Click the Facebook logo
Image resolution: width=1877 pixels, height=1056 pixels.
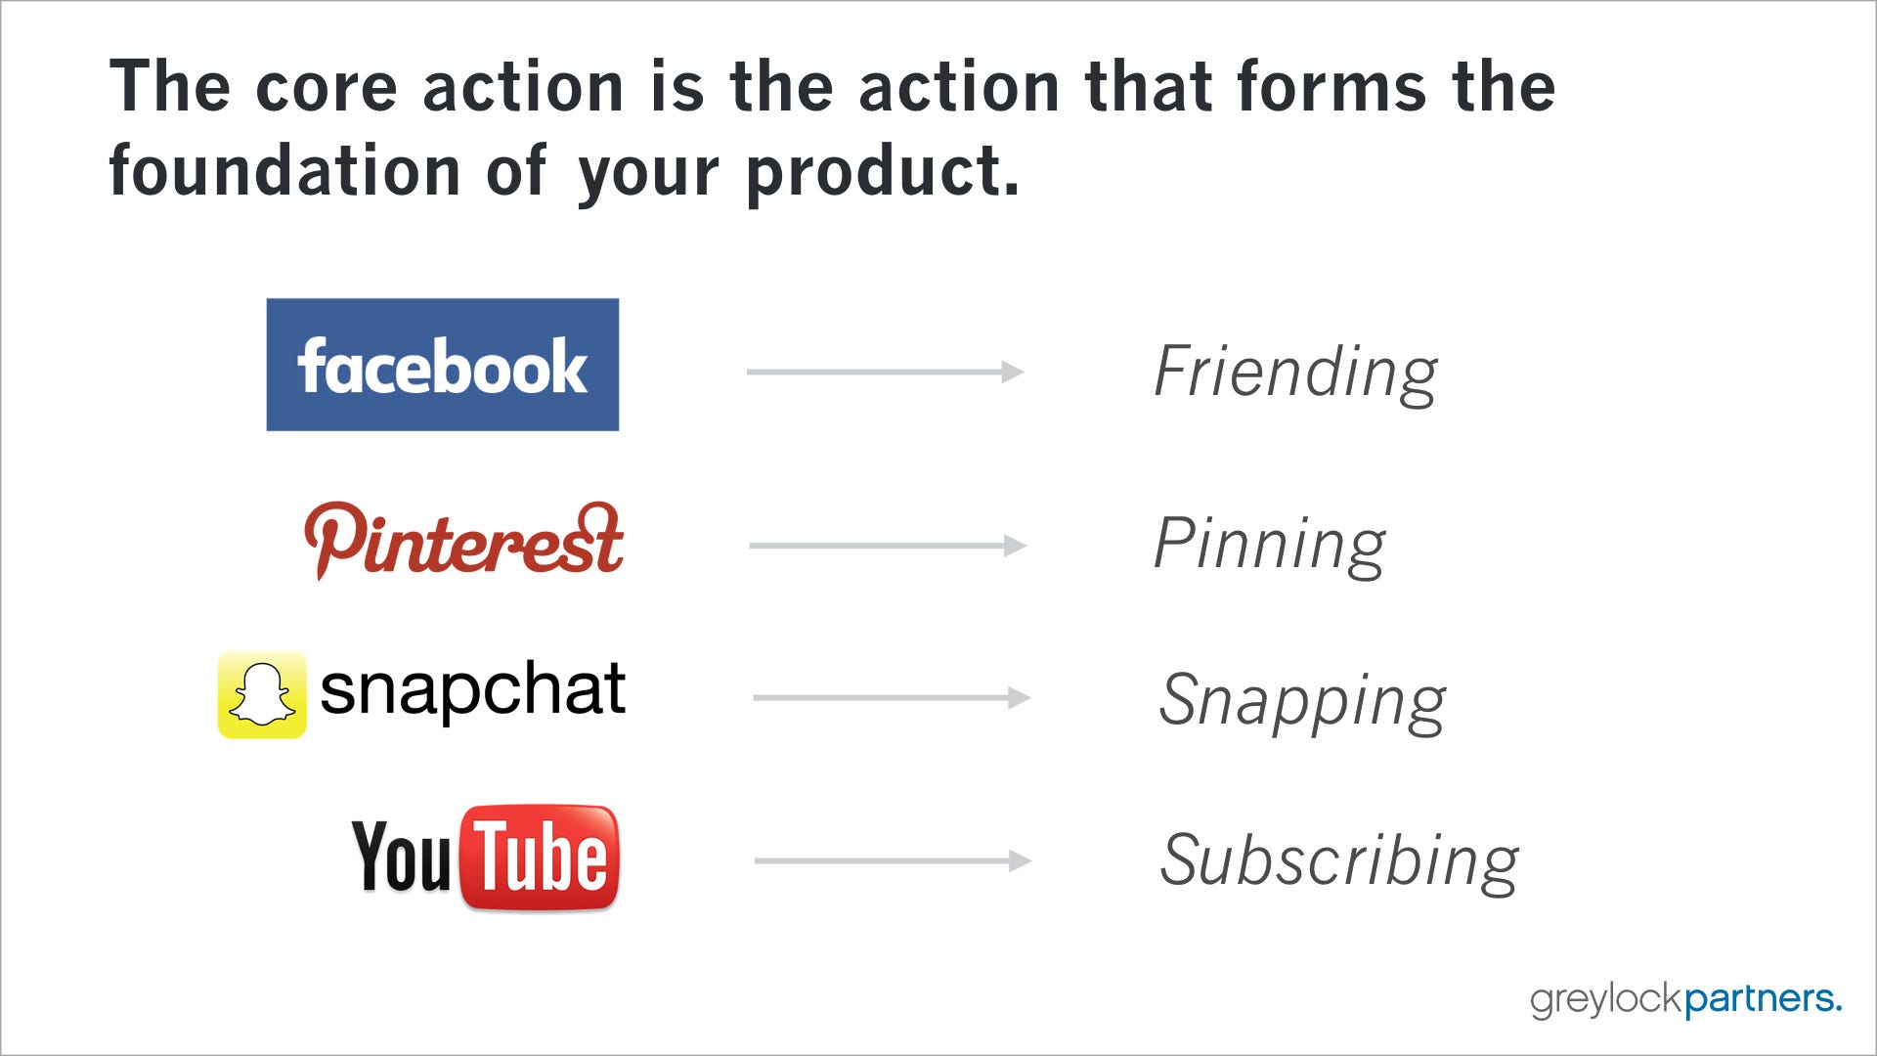(x=443, y=365)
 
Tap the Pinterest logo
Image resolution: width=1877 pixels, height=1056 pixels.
(x=463, y=541)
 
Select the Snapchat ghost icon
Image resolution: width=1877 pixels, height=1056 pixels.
(x=262, y=694)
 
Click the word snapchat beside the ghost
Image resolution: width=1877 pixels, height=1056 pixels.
(x=472, y=690)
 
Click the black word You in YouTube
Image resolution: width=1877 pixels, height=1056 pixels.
(x=402, y=857)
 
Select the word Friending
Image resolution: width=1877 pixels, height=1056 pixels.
(x=1295, y=373)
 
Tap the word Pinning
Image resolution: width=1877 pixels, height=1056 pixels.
(x=1270, y=545)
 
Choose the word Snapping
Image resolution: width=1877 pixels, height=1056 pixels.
(x=1302, y=701)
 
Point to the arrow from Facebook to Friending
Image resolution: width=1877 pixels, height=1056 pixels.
(x=885, y=372)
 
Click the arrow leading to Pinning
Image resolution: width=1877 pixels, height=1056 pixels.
(x=888, y=545)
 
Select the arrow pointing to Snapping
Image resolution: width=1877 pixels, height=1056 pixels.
(x=892, y=697)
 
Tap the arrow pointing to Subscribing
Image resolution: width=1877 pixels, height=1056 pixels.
(x=893, y=860)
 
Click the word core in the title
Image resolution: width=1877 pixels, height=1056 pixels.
(x=327, y=88)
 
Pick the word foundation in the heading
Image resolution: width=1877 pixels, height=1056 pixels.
(x=285, y=171)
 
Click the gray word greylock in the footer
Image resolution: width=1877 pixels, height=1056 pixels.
(x=1607, y=1000)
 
